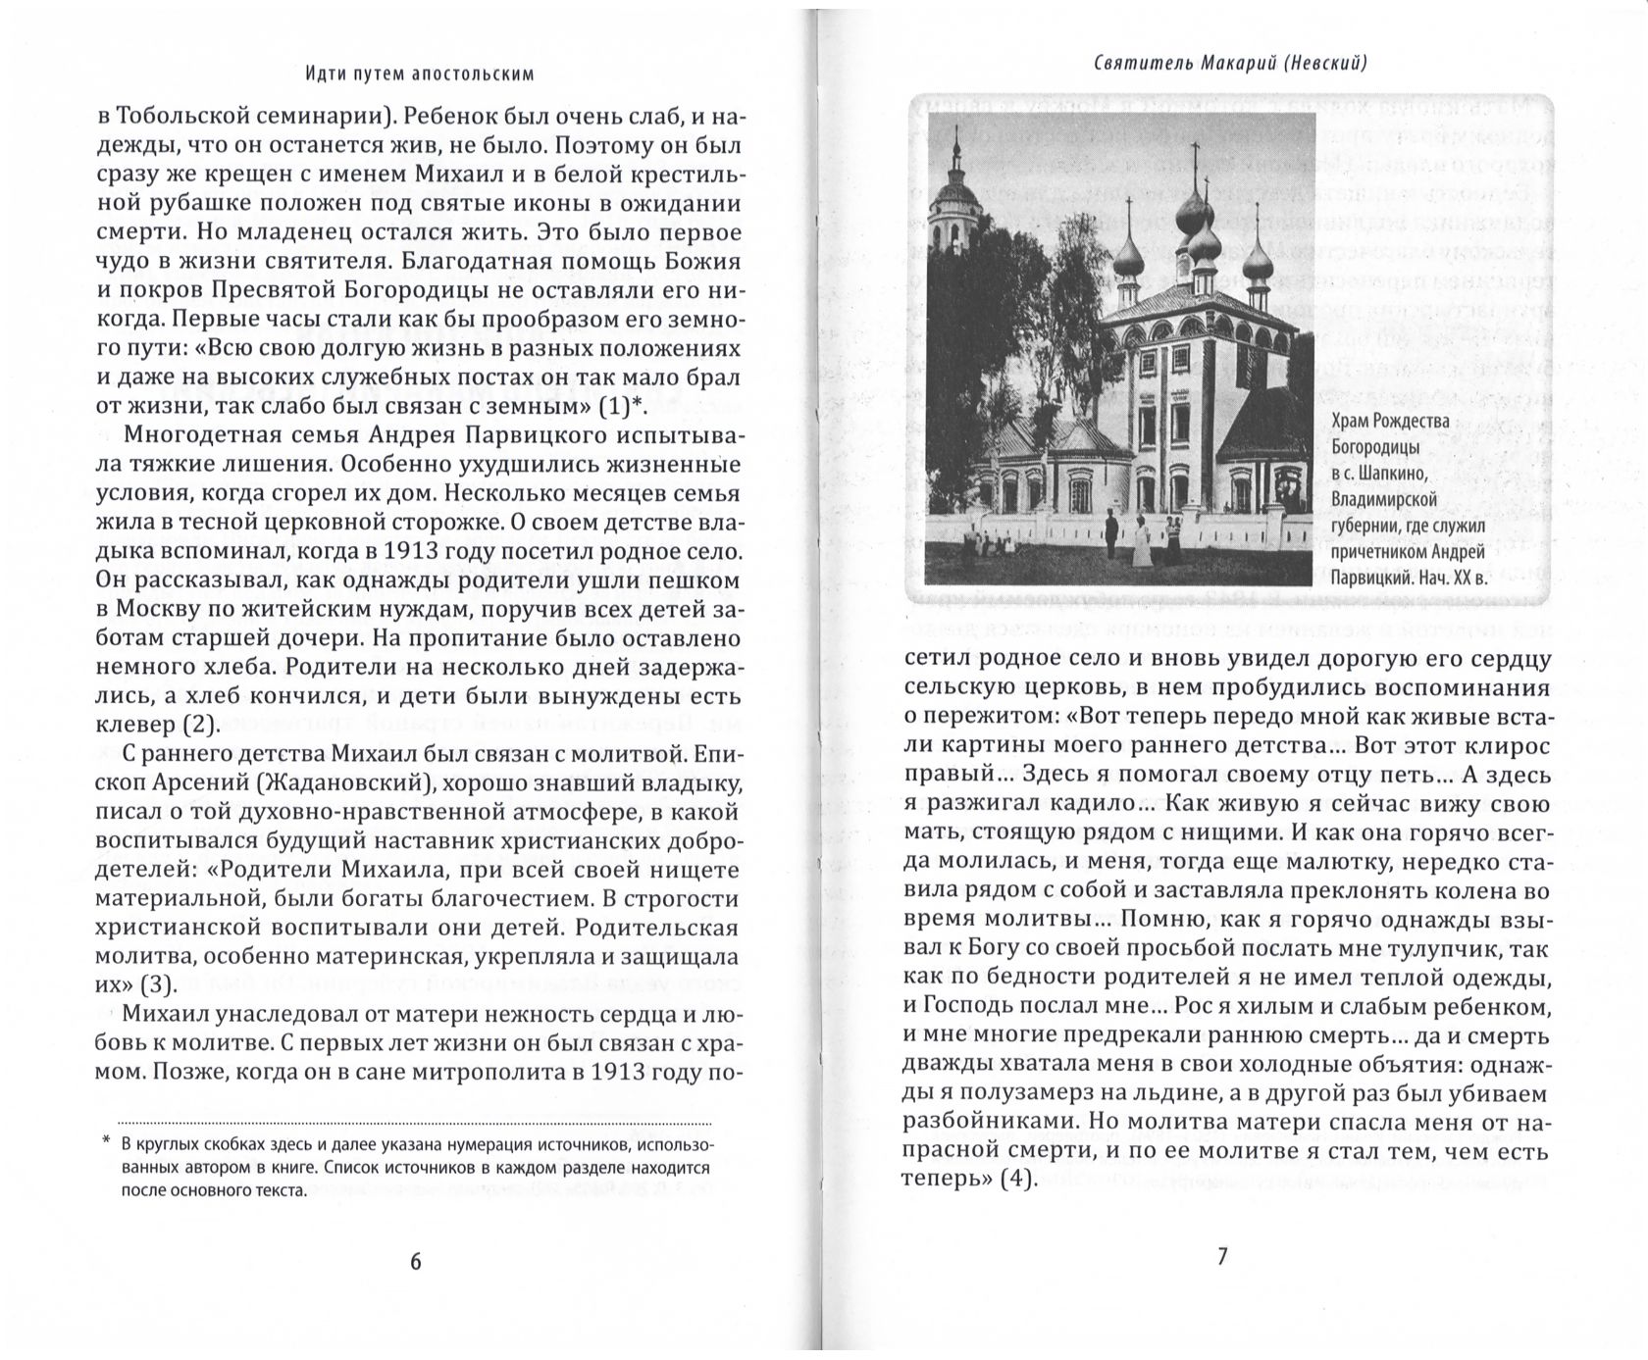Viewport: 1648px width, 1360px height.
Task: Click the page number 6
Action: (415, 1261)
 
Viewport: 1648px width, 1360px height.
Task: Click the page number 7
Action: (1222, 1256)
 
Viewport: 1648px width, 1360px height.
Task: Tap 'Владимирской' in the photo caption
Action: (1384, 500)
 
